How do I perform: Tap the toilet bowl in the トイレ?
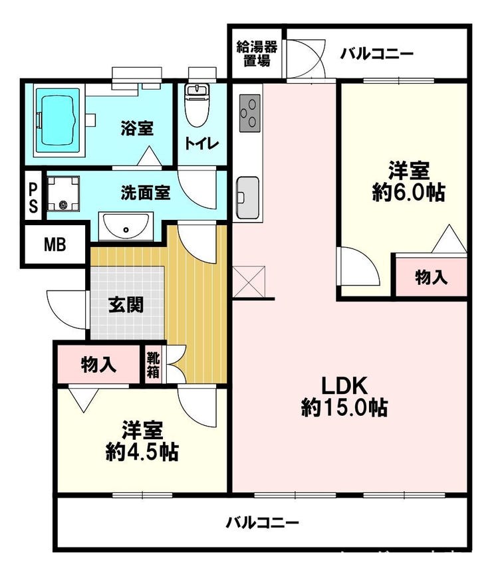(x=197, y=106)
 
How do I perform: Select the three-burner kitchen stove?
(x=250, y=113)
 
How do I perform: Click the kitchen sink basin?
(x=247, y=197)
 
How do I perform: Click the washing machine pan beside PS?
(x=63, y=193)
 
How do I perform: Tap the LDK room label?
(x=344, y=387)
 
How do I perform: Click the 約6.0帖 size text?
(x=408, y=192)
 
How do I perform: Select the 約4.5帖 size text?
(x=142, y=452)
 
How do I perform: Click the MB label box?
(x=55, y=244)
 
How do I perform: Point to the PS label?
(x=33, y=198)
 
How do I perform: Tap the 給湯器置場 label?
(x=257, y=53)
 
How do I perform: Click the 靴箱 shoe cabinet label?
(x=153, y=365)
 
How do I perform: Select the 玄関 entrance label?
(x=126, y=305)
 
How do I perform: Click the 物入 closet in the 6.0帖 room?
(x=431, y=277)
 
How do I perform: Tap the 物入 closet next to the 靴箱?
(x=99, y=365)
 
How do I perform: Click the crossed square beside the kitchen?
(x=249, y=282)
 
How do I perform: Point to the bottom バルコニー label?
(x=262, y=522)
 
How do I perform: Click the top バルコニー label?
(x=376, y=54)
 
